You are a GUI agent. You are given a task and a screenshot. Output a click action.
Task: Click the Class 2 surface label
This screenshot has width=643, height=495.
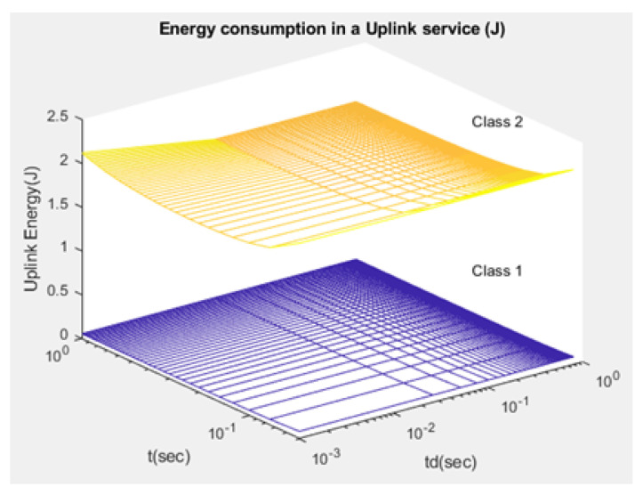[x=495, y=124]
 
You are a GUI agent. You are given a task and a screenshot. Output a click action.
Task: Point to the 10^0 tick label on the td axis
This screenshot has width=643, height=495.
[x=606, y=381]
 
